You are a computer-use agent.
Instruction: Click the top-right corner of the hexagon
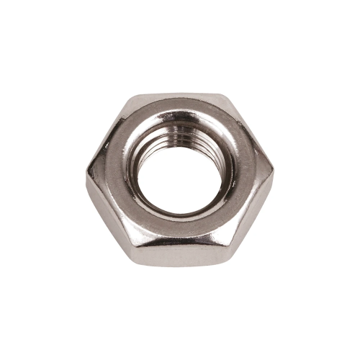(x=228, y=95)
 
